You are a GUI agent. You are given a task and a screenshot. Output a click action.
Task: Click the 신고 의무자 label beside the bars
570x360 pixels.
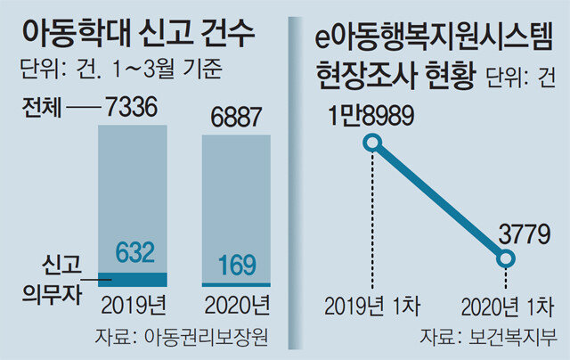[55, 278]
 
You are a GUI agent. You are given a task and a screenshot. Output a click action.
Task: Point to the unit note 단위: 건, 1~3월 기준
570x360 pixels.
[120, 70]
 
